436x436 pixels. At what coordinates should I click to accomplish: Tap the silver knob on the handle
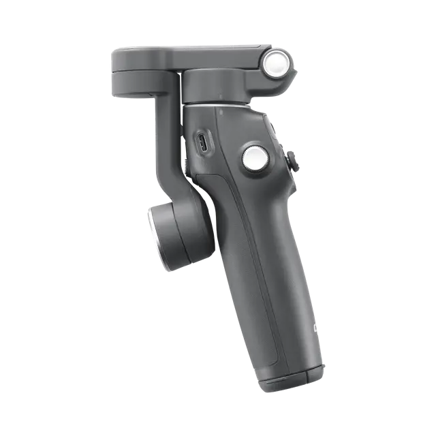(253, 159)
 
